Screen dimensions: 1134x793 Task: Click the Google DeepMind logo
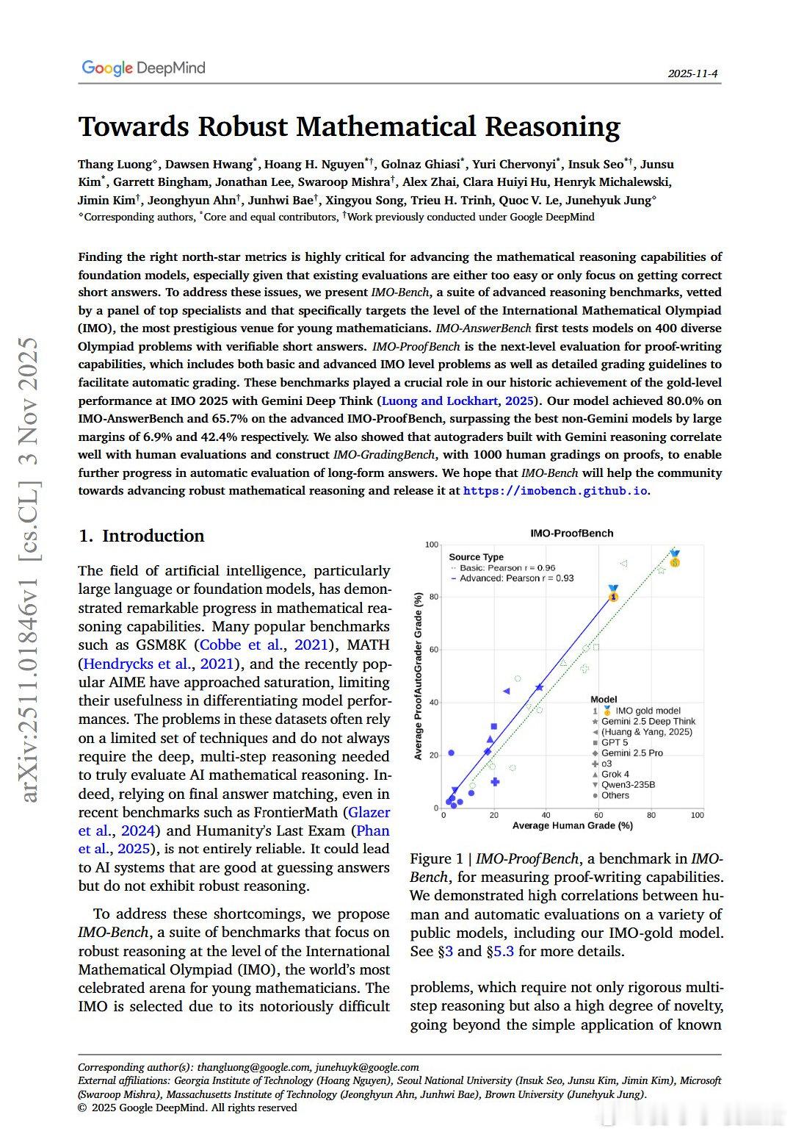(143, 68)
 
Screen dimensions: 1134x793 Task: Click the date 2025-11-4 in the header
(692, 73)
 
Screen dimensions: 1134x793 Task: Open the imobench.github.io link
(555, 491)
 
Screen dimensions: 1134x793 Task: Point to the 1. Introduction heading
(141, 536)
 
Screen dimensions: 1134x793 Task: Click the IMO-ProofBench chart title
(571, 533)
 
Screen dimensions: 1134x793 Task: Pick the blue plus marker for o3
(495, 781)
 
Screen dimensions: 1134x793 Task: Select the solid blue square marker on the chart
(493, 727)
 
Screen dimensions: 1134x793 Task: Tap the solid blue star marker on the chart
(540, 687)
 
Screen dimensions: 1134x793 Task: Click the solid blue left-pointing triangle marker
(506, 691)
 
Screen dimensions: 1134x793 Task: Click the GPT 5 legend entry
(615, 742)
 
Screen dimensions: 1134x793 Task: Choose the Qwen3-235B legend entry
(628, 784)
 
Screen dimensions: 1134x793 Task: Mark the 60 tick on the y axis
(433, 650)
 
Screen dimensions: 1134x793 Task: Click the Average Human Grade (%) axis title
(572, 826)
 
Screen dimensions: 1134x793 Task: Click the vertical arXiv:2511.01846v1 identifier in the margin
(30, 570)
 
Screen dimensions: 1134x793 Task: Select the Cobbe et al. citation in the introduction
(242, 645)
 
